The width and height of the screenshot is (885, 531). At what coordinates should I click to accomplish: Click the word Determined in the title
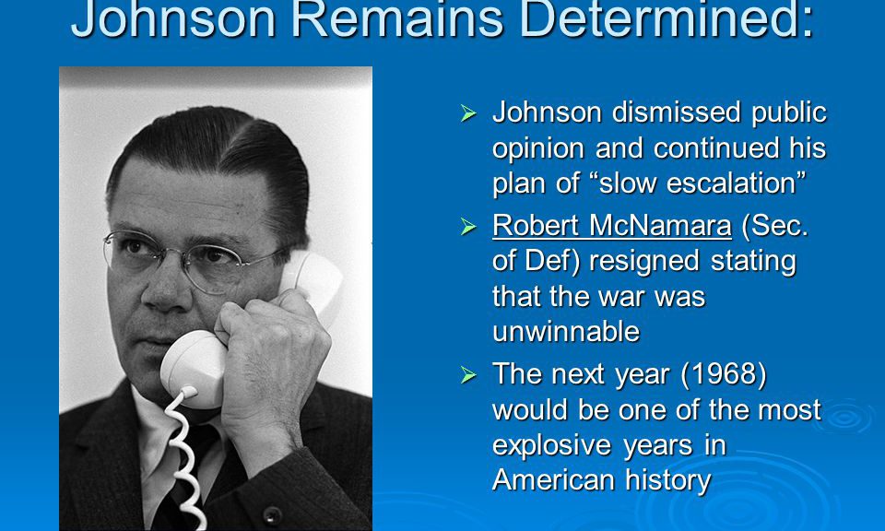pyautogui.click(x=665, y=18)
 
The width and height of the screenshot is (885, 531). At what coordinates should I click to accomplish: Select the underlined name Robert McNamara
pyautogui.click(x=612, y=226)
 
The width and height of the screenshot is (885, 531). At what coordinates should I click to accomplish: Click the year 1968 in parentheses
pyautogui.click(x=724, y=373)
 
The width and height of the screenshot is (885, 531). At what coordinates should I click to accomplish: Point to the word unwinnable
pyautogui.click(x=565, y=331)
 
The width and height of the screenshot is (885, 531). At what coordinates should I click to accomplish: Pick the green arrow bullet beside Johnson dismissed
pyautogui.click(x=468, y=112)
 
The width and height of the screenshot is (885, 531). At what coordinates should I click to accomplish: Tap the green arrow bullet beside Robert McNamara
pyautogui.click(x=468, y=226)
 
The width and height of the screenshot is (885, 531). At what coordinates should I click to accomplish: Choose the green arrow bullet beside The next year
pyautogui.click(x=468, y=374)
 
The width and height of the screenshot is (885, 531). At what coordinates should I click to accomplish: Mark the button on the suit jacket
pyautogui.click(x=272, y=514)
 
